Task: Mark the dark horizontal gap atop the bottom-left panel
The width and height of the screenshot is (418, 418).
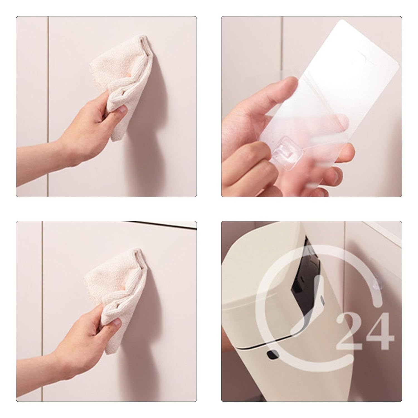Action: pyautogui.click(x=162, y=224)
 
